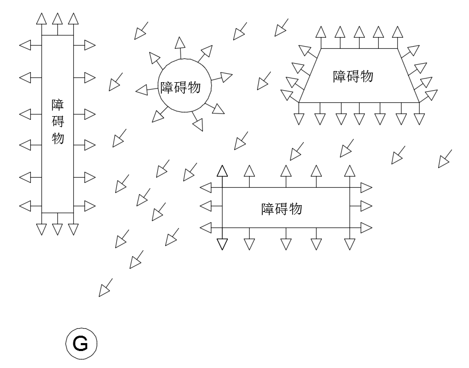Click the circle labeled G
[x=81, y=344]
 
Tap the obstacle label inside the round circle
[x=181, y=86]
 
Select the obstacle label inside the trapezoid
[x=353, y=76]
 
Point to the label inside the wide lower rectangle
[x=282, y=208]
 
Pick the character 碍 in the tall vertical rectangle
[x=58, y=121]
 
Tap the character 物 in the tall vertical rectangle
[x=58, y=138]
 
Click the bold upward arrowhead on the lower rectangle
[x=222, y=171]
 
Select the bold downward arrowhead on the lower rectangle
[x=222, y=244]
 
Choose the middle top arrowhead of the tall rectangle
[x=57, y=19]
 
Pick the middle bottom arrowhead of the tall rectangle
[x=57, y=229]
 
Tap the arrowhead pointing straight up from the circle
[x=181, y=42]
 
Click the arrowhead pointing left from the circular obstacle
[x=141, y=90]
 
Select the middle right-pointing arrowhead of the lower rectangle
[x=366, y=206]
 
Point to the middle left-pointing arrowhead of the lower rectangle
[x=206, y=206]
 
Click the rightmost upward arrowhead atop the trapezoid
[x=397, y=31]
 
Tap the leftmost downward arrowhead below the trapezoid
[x=299, y=119]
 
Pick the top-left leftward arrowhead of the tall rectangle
[x=25, y=46]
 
